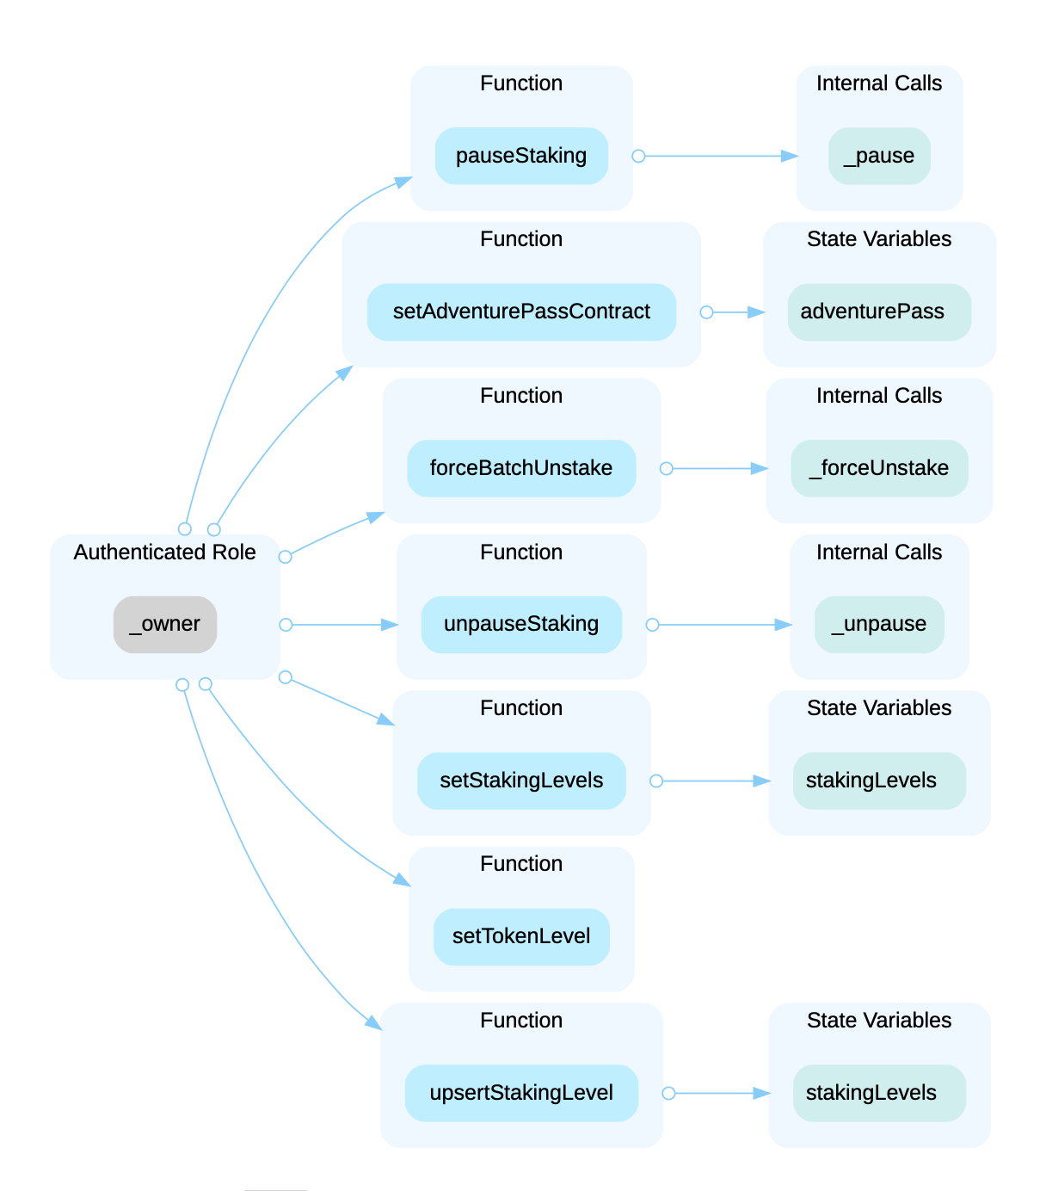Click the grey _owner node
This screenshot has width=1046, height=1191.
coord(165,624)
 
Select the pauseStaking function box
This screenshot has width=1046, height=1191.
coord(521,156)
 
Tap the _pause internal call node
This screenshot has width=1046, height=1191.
coord(879,156)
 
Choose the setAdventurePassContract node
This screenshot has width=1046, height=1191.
coord(521,312)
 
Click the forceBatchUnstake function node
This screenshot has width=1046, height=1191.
coord(521,468)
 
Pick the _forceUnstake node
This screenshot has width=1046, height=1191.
coord(879,468)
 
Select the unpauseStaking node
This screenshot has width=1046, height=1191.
coord(521,624)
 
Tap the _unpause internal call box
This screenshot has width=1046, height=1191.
coord(879,624)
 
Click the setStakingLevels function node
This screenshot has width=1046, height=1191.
coord(521,781)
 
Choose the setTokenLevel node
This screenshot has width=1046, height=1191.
coord(521,936)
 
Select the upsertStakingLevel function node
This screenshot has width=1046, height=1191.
coord(521,1093)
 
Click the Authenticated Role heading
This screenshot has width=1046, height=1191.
coord(165,552)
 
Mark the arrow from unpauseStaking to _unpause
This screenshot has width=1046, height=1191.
coord(723,625)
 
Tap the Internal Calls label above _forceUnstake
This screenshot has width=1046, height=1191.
coord(879,396)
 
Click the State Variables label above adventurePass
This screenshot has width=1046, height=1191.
coord(879,239)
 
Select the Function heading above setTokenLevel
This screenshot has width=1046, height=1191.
coord(521,864)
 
